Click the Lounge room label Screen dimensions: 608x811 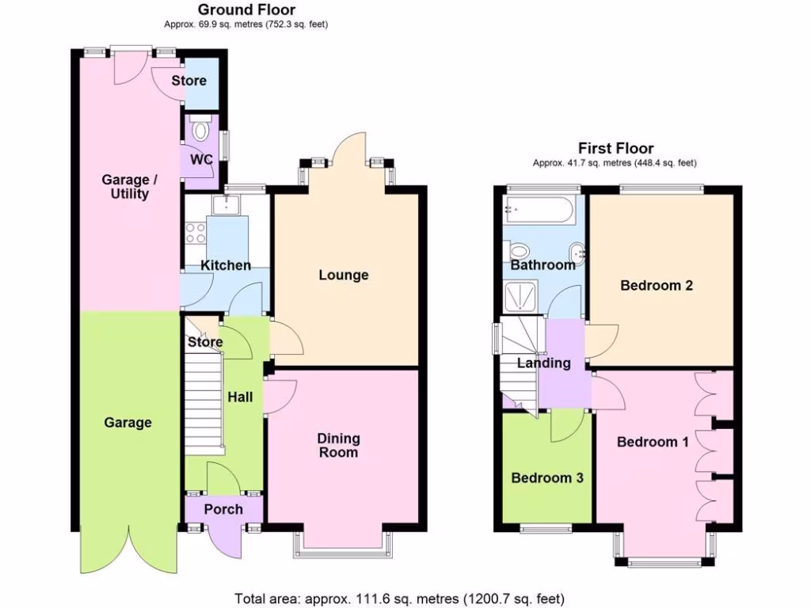click(x=344, y=275)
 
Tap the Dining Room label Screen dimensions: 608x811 click(x=338, y=445)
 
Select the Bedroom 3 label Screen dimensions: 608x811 click(x=547, y=477)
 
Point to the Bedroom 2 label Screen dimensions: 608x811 click(x=657, y=285)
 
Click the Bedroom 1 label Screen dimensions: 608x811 click(x=653, y=442)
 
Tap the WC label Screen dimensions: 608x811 click(x=202, y=159)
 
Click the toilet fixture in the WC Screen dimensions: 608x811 click(x=201, y=129)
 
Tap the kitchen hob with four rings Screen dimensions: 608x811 click(x=195, y=233)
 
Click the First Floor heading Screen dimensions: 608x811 click(x=615, y=148)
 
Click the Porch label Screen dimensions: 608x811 click(x=223, y=509)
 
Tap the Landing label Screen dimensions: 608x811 click(x=544, y=363)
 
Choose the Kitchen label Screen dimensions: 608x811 click(x=226, y=265)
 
